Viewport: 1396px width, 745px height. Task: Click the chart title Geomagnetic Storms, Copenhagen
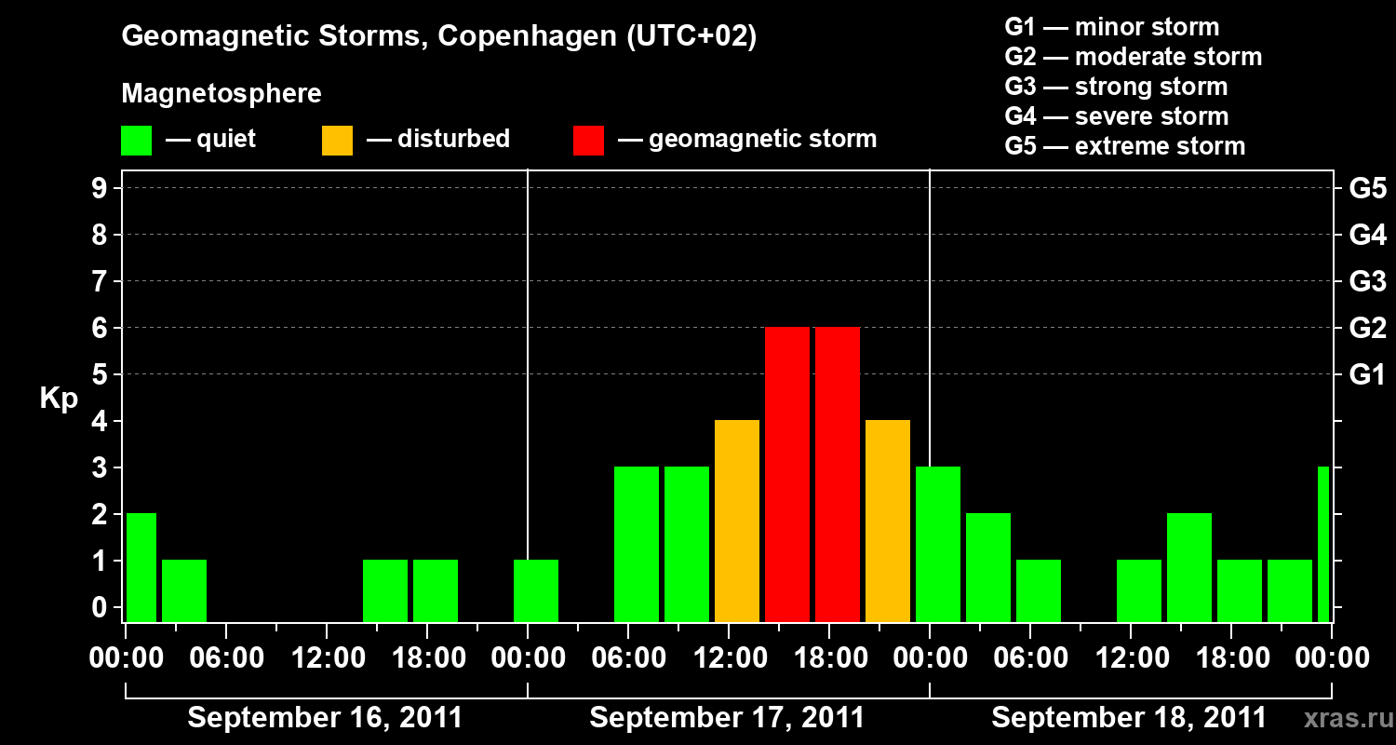click(438, 37)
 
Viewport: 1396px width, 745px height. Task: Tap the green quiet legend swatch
click(136, 140)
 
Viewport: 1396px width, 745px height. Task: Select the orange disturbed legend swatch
click(337, 140)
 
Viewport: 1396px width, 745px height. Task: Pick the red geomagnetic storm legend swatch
click(588, 140)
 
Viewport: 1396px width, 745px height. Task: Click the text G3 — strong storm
click(1116, 87)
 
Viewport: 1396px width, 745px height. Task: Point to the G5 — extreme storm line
click(1124, 146)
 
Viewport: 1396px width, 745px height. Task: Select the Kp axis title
click(60, 399)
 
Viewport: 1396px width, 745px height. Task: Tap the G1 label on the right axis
click(1367, 375)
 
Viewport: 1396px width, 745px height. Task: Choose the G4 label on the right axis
click(1367, 235)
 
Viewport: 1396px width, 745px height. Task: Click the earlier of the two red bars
click(787, 475)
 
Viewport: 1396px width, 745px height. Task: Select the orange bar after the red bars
click(888, 521)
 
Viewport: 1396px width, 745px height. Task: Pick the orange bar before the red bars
click(737, 521)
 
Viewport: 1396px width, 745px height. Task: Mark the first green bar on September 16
click(141, 567)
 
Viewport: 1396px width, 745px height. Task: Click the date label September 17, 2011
click(727, 718)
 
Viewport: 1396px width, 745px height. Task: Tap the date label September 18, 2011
click(1128, 718)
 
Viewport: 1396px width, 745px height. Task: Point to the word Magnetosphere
click(221, 94)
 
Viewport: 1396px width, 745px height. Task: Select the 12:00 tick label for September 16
click(327, 657)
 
